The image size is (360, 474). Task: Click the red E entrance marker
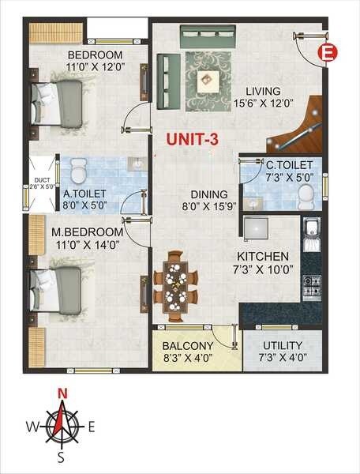click(x=327, y=53)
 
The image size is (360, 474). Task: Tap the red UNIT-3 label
click(x=192, y=139)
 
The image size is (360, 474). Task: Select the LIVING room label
click(x=264, y=90)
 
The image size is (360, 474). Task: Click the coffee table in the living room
click(x=208, y=77)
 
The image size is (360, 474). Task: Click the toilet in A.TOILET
click(x=78, y=170)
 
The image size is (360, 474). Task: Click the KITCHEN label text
click(x=264, y=257)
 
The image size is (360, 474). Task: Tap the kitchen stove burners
click(x=311, y=285)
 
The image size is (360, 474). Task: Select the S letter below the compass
click(x=62, y=457)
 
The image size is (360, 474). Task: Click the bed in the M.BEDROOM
click(x=56, y=288)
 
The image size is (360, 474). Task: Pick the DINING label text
click(x=208, y=194)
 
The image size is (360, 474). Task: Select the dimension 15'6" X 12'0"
click(x=264, y=102)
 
